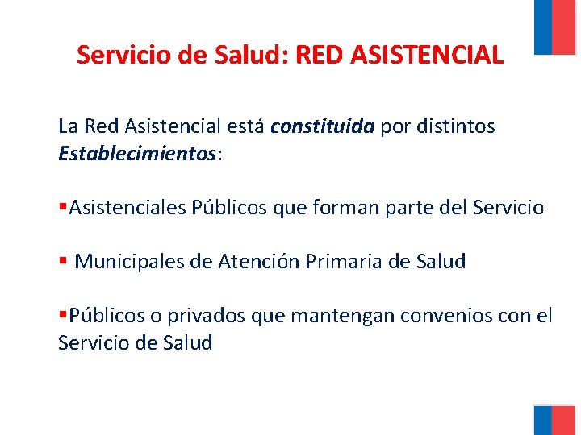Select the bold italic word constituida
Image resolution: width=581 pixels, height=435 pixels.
pos(323,126)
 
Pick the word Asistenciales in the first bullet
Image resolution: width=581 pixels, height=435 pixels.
pos(128,208)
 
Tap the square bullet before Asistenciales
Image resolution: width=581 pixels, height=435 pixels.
pos(63,209)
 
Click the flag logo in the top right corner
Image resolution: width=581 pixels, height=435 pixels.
pos(556,27)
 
